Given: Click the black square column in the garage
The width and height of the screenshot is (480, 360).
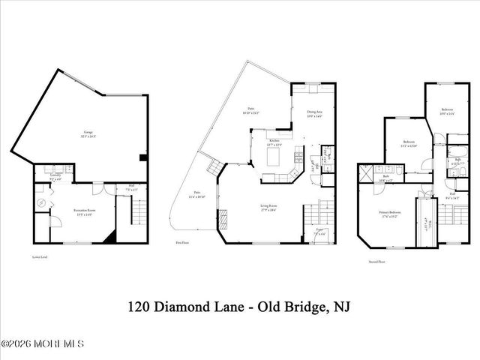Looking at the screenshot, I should point(142,157).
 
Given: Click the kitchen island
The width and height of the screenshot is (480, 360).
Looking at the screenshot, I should point(273,157).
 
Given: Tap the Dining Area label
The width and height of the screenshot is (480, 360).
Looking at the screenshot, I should point(313,114).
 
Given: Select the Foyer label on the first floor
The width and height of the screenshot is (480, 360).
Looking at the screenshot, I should point(321,232).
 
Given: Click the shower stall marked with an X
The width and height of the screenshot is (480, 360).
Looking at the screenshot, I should point(365,173).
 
